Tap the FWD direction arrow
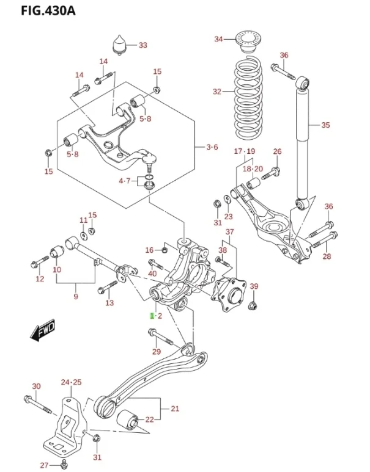[x=42, y=332]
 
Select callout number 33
[x=142, y=45]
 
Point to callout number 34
[x=219, y=40]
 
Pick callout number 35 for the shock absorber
[x=325, y=125]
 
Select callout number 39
[x=254, y=286]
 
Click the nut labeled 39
[x=255, y=303]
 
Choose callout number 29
[x=157, y=351]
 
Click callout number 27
[x=44, y=465]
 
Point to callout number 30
[x=36, y=387]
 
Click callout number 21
[x=175, y=408]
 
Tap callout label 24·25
[x=71, y=382]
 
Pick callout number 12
[x=40, y=279]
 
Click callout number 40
[x=153, y=273]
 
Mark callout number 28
[x=327, y=256]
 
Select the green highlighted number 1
[x=153, y=316]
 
